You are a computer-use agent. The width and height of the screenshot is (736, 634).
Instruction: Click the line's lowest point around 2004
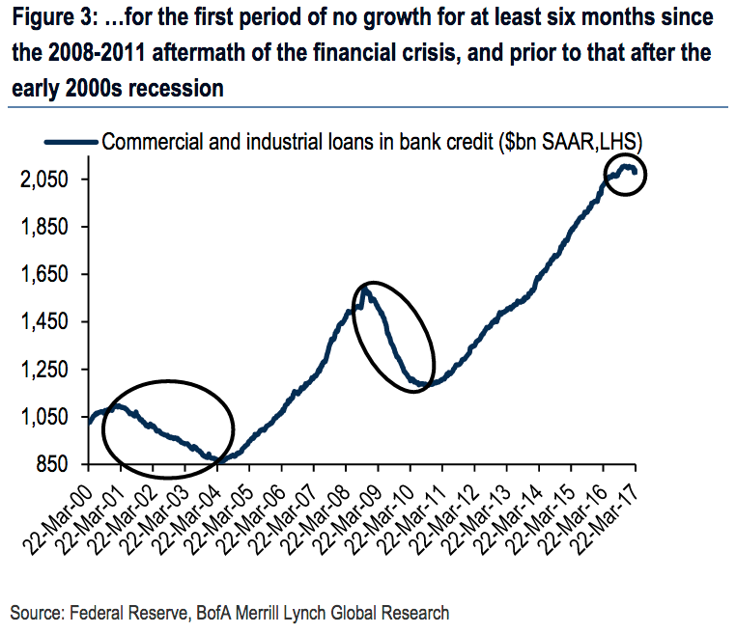[221, 461]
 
